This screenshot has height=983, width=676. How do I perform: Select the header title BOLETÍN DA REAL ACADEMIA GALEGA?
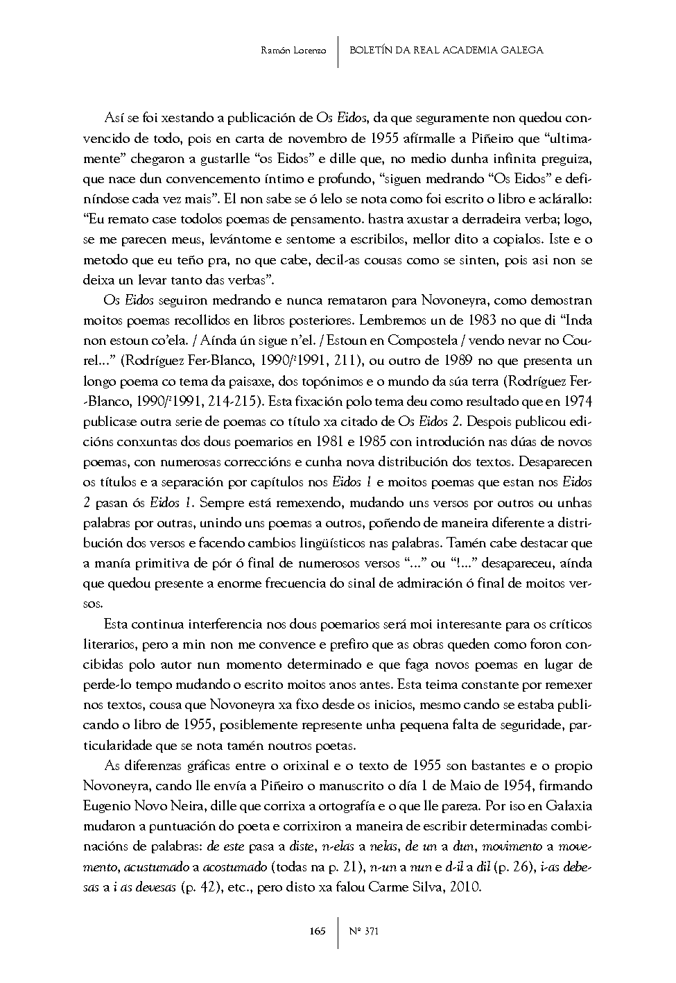446,50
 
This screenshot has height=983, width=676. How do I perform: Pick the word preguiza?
564,160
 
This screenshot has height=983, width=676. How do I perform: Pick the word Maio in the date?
429,786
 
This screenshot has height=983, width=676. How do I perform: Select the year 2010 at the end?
464,887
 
